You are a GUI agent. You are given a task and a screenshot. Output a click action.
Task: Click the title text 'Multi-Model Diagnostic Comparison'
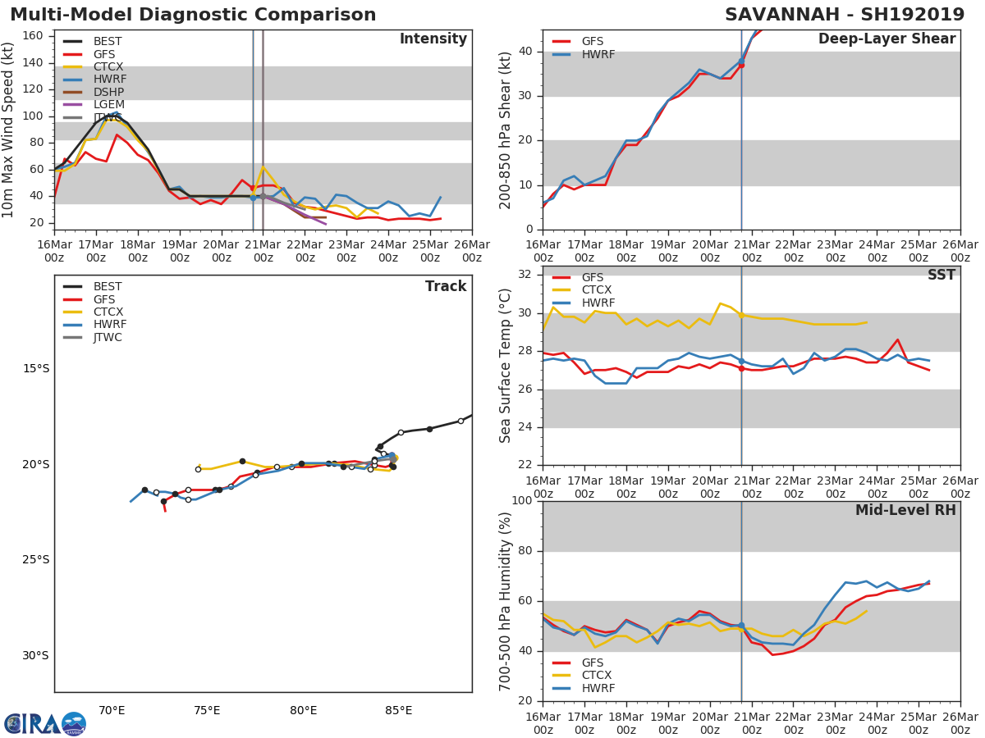pos(193,15)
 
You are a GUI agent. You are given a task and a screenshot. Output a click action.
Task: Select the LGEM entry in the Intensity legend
pos(108,104)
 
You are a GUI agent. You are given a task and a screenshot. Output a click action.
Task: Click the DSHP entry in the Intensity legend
pos(108,92)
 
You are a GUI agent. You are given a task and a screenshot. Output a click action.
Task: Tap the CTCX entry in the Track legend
pos(108,312)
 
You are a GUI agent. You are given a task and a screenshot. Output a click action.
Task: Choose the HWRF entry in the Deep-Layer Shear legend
pos(598,54)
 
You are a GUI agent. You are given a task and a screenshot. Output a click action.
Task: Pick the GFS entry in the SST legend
pos(592,277)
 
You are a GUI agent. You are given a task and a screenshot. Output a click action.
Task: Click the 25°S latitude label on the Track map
pos(35,560)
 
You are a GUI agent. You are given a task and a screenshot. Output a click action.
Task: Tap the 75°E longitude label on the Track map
pos(207,710)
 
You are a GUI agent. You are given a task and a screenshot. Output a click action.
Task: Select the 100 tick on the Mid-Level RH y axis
pos(521,501)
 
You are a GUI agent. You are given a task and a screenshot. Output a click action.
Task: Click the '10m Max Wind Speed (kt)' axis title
pos(9,130)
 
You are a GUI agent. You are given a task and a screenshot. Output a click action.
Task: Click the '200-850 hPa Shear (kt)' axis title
pos(506,130)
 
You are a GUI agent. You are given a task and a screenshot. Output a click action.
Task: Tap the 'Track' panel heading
pos(445,286)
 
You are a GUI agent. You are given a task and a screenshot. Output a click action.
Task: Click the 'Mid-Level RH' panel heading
pos(905,510)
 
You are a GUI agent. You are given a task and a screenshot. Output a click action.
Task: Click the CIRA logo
pos(45,723)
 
